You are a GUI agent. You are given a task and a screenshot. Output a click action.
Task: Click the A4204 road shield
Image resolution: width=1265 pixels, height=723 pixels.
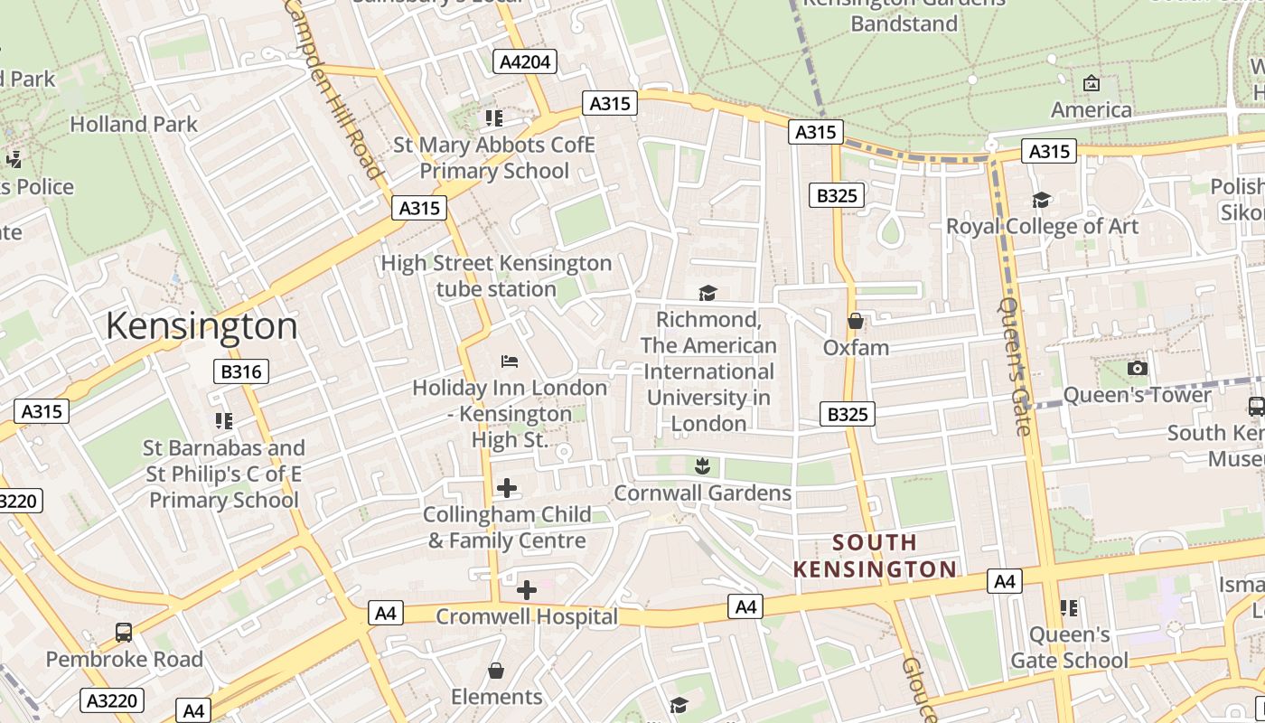[525, 61]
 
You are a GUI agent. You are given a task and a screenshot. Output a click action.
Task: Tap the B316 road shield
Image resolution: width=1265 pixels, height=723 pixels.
[241, 371]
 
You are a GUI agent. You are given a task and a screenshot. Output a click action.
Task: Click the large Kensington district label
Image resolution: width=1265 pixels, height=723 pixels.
[201, 325]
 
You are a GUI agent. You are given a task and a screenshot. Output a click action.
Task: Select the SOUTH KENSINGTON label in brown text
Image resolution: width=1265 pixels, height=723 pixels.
[874, 556]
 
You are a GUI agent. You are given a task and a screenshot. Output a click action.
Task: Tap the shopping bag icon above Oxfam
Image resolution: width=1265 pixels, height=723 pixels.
[856, 321]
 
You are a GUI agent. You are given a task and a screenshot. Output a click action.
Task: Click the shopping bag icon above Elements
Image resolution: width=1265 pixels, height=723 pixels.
[496, 671]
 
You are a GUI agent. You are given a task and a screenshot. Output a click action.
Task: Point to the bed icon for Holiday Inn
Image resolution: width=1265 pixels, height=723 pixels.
[510, 361]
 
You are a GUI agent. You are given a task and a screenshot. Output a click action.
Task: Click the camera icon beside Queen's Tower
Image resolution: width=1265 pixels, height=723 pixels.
[1138, 368]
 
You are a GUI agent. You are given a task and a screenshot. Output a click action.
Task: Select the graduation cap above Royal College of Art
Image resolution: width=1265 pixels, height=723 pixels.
[1042, 200]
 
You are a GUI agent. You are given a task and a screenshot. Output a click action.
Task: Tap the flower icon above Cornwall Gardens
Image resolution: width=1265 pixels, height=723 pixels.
[702, 466]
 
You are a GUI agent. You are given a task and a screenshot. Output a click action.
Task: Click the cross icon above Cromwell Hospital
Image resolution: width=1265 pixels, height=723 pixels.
[527, 591]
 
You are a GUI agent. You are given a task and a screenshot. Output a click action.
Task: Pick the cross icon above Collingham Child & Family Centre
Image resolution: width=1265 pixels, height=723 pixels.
[508, 489]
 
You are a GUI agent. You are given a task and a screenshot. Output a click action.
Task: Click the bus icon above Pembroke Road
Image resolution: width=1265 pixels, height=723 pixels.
[124, 633]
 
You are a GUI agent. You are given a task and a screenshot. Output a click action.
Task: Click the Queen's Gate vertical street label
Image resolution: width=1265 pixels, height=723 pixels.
[1016, 366]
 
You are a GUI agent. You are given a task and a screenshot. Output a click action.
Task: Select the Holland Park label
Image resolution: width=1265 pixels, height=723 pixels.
[134, 124]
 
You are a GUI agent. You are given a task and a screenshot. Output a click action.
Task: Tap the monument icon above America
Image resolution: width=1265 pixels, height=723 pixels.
[1092, 83]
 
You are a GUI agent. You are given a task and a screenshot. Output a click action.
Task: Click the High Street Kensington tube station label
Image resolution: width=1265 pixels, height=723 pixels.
[496, 276]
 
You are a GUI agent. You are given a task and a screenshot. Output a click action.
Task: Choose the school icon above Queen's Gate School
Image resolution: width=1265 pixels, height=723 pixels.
[1069, 608]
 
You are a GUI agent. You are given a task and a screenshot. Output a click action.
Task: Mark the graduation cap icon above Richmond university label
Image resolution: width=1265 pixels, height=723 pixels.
[707, 294]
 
